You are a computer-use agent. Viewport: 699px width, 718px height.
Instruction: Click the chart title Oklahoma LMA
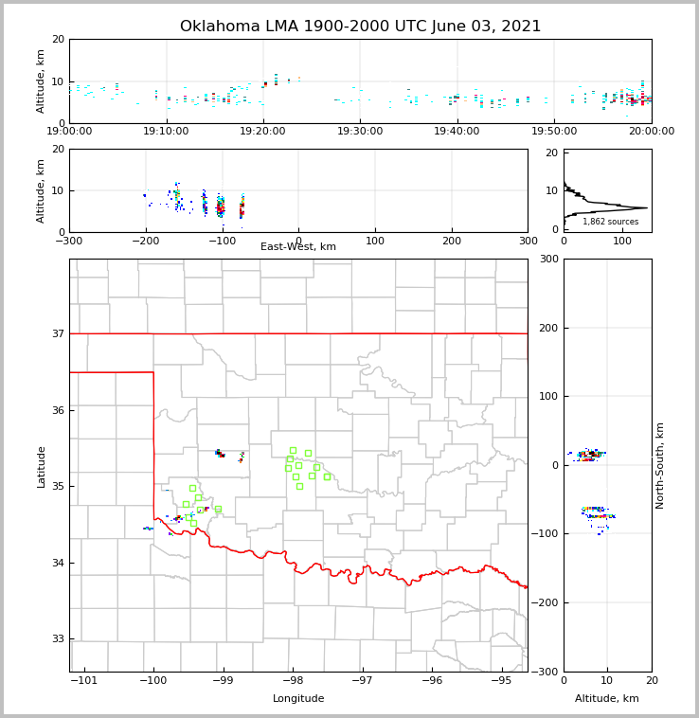coord(360,27)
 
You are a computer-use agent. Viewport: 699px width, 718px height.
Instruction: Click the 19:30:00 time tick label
coord(360,132)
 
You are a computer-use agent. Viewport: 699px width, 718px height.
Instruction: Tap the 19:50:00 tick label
coord(554,132)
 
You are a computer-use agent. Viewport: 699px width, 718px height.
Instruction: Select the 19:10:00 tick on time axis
coord(166,132)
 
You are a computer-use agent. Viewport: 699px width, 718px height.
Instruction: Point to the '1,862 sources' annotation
coord(610,222)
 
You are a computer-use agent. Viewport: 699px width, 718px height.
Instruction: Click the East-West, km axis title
coord(298,247)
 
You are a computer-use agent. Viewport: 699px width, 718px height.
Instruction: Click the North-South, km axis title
coord(660,465)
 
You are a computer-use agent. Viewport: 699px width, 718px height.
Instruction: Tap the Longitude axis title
coord(298,699)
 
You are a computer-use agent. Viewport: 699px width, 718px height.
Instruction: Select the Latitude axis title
coord(42,466)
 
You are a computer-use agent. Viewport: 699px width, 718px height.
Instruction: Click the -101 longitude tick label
coord(84,680)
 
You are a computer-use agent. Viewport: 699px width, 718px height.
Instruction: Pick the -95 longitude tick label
coord(501,680)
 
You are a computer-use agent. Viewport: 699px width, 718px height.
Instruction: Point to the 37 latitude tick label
coord(58,333)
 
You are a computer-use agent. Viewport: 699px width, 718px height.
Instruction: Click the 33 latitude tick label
coord(58,639)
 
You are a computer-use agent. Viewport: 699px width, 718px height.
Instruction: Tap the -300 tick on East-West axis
coord(69,241)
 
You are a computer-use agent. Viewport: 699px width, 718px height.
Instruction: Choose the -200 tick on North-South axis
coord(547,602)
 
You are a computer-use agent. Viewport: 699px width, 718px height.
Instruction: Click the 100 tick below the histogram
coord(622,241)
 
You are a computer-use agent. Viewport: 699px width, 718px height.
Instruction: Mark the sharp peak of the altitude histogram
coord(646,207)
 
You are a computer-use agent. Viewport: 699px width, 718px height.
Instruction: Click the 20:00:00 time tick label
coord(652,132)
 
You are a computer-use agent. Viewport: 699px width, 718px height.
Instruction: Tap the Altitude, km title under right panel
coord(607,699)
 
